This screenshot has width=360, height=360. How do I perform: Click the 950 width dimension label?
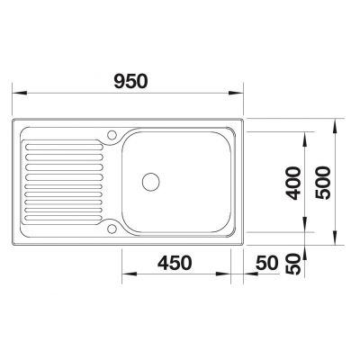click(x=131, y=81)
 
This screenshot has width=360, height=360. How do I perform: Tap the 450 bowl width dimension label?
click(x=175, y=263)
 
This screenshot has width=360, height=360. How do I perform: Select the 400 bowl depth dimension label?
click(x=292, y=183)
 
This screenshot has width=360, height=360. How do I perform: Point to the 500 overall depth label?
click(x=323, y=183)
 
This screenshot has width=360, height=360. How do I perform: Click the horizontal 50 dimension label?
click(x=267, y=263)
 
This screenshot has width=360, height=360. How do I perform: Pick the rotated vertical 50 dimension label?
click(x=293, y=264)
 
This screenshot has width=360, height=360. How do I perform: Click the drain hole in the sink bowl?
click(x=150, y=182)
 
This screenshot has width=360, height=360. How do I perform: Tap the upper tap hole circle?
click(x=112, y=135)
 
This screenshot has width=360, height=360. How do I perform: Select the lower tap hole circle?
click(x=112, y=229)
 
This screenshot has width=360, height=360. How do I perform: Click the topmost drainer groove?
click(x=65, y=148)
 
